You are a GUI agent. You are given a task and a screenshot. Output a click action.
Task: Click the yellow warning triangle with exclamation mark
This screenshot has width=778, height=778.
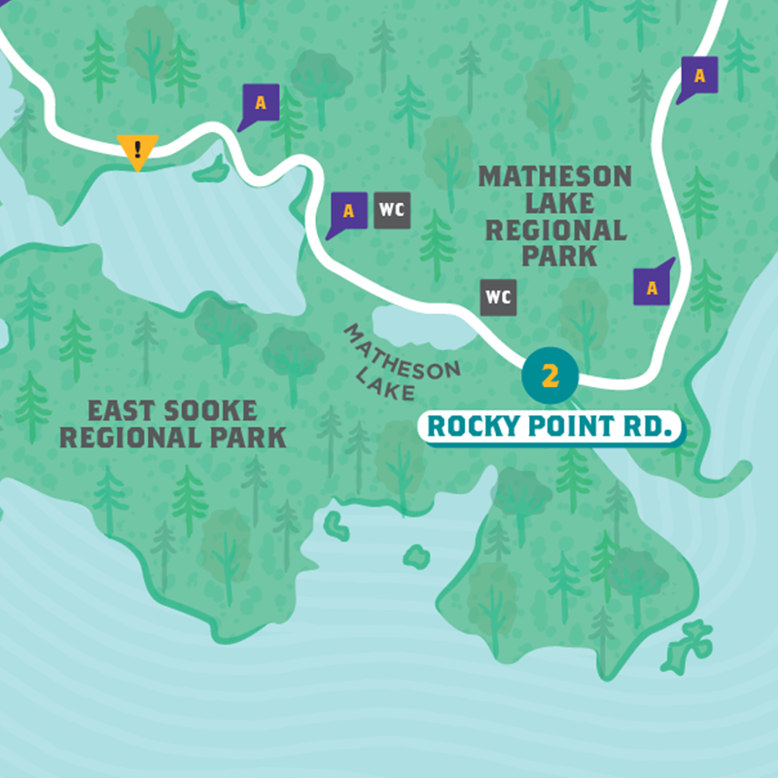click(x=137, y=152)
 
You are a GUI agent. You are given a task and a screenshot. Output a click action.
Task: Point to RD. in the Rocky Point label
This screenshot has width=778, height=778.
click(x=652, y=427)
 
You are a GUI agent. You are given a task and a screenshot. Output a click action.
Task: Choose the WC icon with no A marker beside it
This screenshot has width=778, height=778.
click(x=498, y=297)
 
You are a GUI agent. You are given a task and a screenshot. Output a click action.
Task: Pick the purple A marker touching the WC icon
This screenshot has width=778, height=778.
click(x=349, y=211)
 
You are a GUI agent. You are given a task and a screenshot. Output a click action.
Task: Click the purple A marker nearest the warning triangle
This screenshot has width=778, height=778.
click(x=260, y=101)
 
